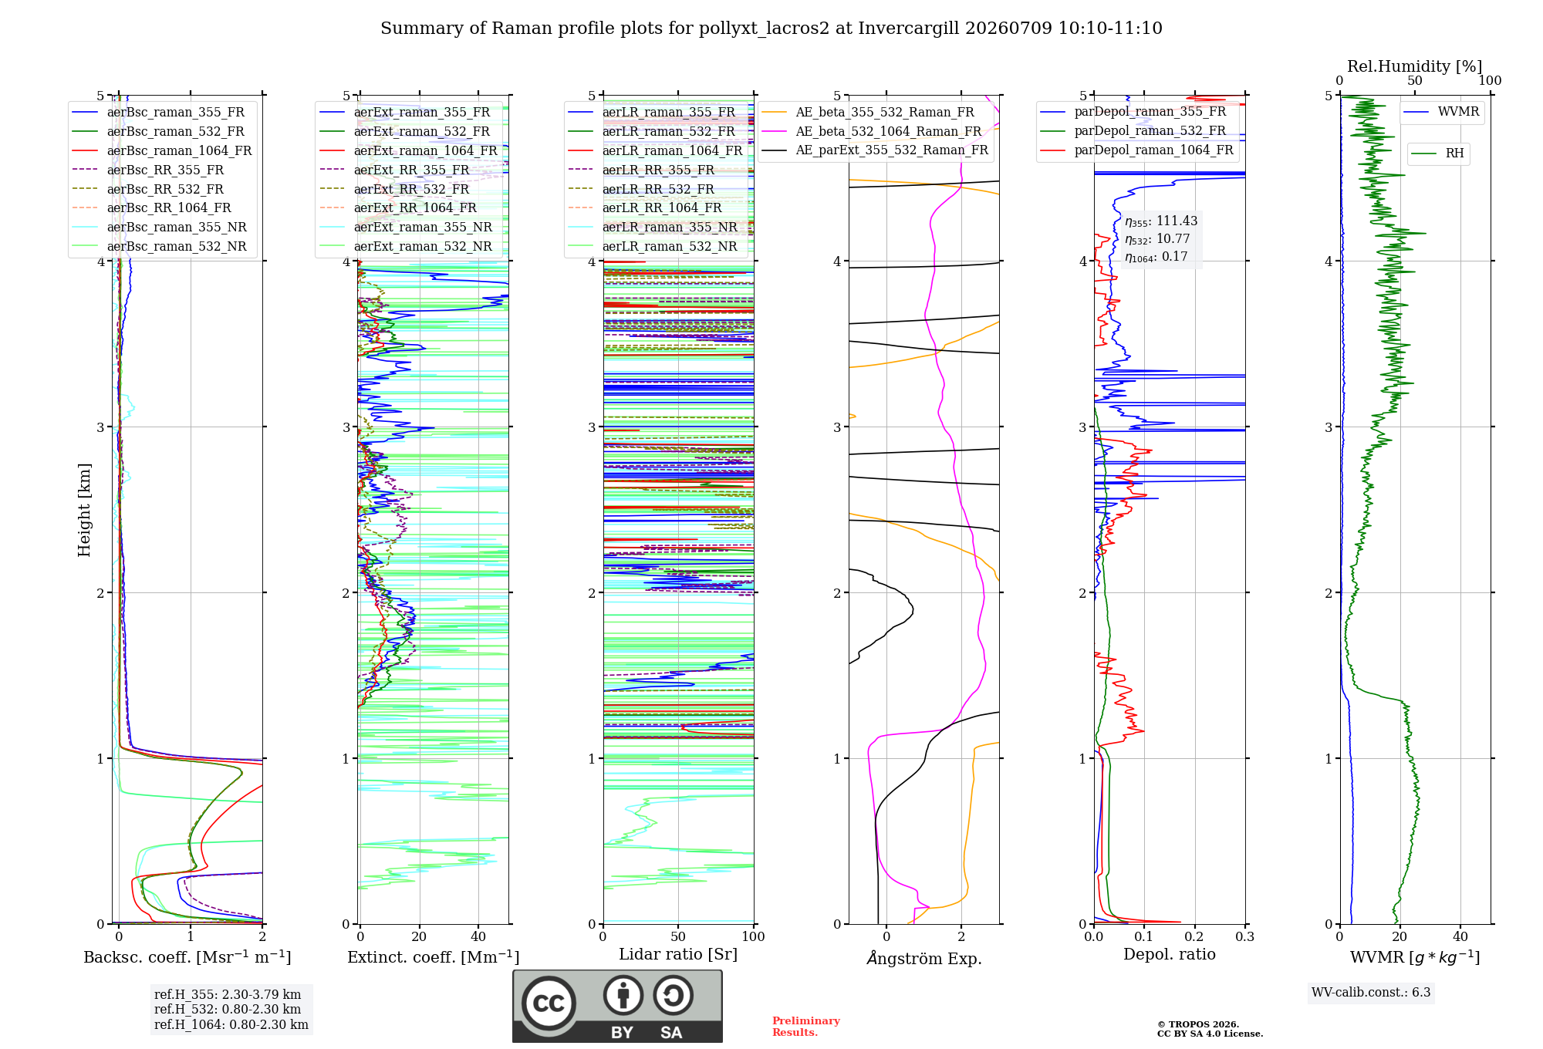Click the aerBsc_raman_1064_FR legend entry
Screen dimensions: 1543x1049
[162, 150]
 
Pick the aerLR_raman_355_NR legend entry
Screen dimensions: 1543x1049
[653, 227]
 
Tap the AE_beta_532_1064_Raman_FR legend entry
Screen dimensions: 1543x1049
[872, 131]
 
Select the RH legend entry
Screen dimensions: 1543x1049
[1438, 153]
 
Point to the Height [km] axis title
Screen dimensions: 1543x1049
[84, 510]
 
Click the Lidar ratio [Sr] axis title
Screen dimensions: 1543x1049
[678, 954]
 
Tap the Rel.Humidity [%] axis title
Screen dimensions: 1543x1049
[1414, 66]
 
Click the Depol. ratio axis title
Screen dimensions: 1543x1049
[1170, 954]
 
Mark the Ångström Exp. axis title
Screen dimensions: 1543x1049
[924, 958]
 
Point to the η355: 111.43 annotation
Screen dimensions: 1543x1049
[1161, 221]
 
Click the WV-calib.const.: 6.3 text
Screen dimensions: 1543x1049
[1371, 992]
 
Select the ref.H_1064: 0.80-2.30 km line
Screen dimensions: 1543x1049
[231, 1024]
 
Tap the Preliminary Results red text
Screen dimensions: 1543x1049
[806, 1027]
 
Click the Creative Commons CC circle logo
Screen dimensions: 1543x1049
[549, 1003]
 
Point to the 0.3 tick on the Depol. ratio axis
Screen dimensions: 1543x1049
[1244, 936]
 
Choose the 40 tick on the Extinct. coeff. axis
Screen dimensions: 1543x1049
[478, 936]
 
